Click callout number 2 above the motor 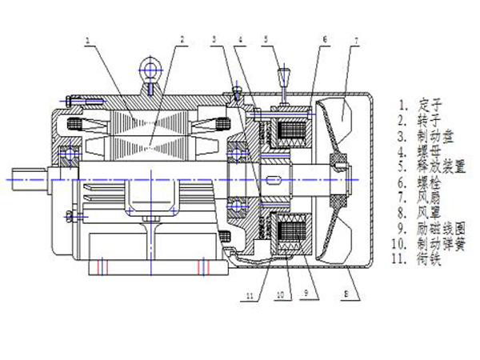(x=182, y=38)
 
